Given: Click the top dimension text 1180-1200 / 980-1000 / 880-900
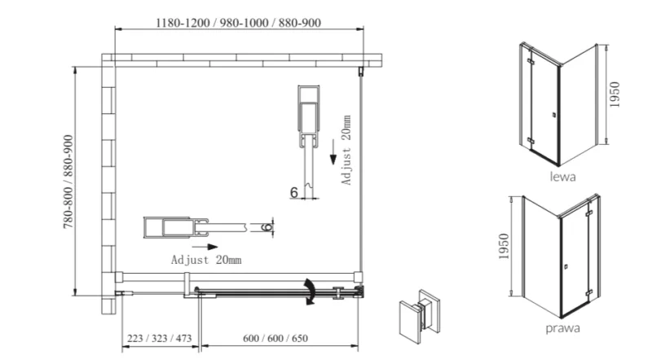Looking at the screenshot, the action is point(238,23).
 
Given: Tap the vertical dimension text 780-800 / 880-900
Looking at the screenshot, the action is point(68,182).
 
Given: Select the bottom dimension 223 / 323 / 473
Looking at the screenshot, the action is point(159,338).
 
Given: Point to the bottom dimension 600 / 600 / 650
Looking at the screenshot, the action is point(275,338).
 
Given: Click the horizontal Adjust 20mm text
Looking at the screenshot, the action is point(206,260).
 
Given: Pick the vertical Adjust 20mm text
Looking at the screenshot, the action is point(346,150).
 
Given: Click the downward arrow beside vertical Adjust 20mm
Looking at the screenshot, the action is point(333,152).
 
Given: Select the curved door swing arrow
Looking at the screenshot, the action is point(310,292).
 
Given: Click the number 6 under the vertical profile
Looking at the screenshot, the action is point(294,192).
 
